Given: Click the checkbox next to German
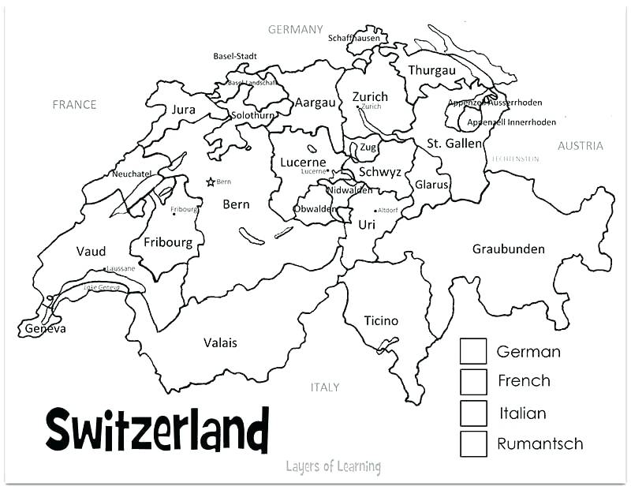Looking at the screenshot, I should [473, 351].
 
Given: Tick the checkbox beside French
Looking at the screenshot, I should [473, 381].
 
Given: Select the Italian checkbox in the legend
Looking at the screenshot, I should [473, 413].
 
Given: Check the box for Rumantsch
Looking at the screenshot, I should [473, 443].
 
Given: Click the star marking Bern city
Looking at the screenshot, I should [210, 181].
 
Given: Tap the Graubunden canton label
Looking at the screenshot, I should [508, 249].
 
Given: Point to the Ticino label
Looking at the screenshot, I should [381, 320].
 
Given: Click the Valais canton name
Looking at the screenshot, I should [220, 342].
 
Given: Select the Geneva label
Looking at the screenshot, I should [46, 328].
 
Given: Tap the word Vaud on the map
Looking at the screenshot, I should [91, 251].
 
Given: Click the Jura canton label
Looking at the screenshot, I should [183, 110].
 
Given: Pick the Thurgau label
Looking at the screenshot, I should [431, 70].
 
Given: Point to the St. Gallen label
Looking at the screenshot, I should [448, 143].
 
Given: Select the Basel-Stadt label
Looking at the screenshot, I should [235, 56].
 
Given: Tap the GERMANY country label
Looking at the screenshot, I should [296, 29].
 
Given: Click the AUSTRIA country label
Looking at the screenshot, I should [580, 145].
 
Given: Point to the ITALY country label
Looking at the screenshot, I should [324, 387].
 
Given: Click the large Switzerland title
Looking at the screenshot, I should [157, 431].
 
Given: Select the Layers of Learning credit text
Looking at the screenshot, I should [333, 466].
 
